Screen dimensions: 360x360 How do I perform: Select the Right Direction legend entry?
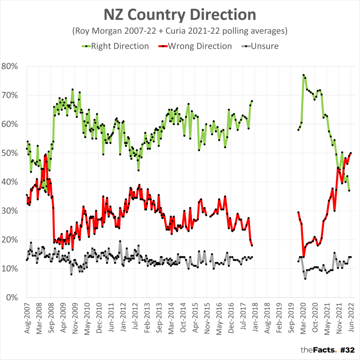pyautogui.click(x=115, y=46)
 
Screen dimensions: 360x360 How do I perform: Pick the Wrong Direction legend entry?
pyautogui.click(x=195, y=46)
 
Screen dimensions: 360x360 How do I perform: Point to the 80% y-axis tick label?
pyautogui.click(x=10, y=66)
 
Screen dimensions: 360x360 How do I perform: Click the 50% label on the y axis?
pyautogui.click(x=10, y=153)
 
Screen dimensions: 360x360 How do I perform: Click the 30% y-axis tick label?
pyautogui.click(x=10, y=211)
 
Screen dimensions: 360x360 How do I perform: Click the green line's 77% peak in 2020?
pyautogui.click(x=304, y=75)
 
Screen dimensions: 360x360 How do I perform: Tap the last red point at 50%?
pyautogui.click(x=351, y=153)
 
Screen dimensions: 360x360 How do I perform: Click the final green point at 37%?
pyautogui.click(x=349, y=190)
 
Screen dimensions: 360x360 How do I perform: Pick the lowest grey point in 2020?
pyautogui.click(x=305, y=279)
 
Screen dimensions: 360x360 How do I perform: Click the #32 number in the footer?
pyautogui.click(x=348, y=350)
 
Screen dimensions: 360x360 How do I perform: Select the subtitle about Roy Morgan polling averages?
pyautogui.click(x=180, y=31)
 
